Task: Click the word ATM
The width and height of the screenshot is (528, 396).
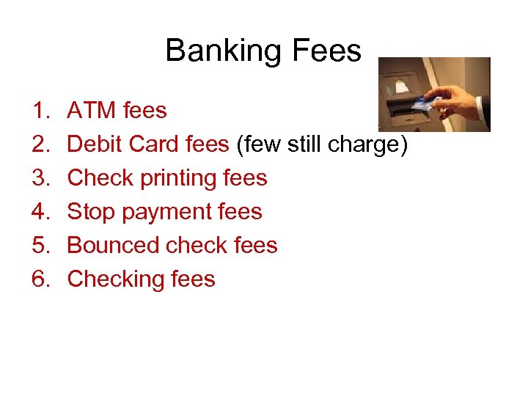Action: tap(92, 111)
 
